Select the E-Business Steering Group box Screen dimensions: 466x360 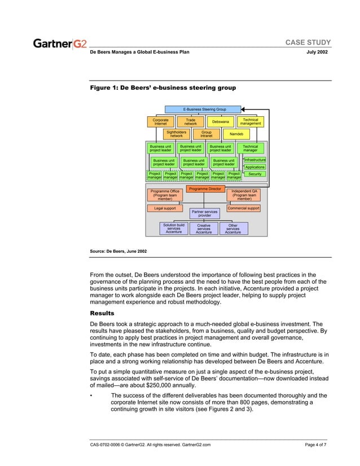(x=203, y=109)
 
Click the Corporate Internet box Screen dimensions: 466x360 (x=161, y=122)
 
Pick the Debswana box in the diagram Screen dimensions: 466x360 (x=221, y=122)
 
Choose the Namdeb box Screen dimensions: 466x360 (x=236, y=134)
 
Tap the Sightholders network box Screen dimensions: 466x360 (x=177, y=134)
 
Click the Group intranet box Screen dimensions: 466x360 (x=206, y=134)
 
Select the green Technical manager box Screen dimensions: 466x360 (x=250, y=148)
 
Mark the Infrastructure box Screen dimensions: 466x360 (x=254, y=160)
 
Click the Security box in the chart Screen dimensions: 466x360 (x=254, y=174)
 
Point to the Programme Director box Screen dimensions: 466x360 (x=205, y=189)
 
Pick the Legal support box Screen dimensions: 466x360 (x=165, y=208)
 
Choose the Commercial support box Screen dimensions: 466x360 (x=244, y=208)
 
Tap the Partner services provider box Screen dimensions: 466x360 (x=204, y=213)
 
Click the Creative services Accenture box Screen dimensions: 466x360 (x=203, y=228)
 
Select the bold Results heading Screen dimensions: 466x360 (x=102, y=313)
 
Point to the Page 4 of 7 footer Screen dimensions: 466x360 (x=315, y=445)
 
